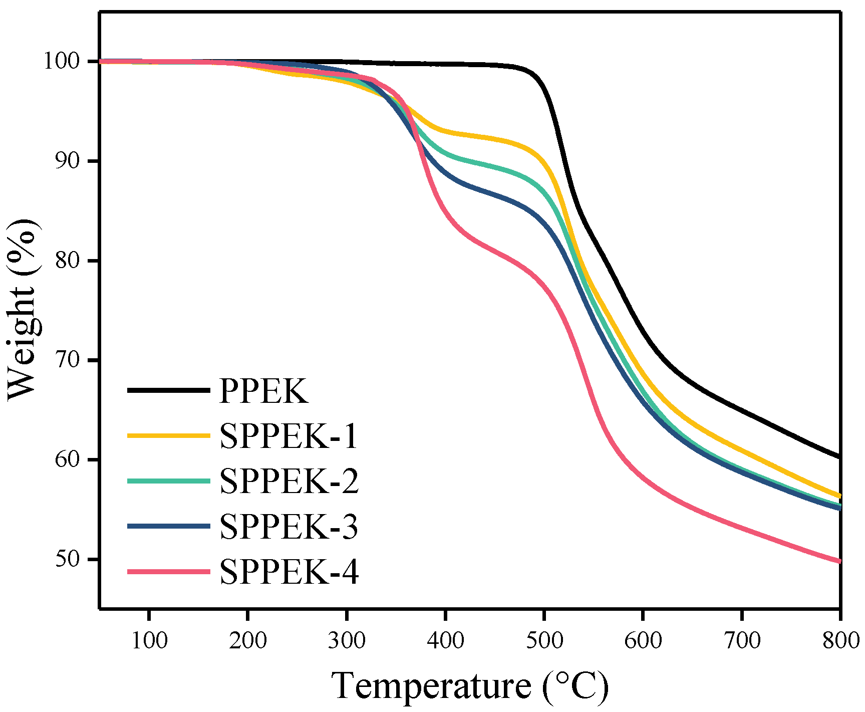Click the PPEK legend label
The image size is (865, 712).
pyautogui.click(x=263, y=391)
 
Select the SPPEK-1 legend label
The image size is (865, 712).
pyautogui.click(x=289, y=436)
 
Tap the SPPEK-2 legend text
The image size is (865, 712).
pyautogui.click(x=289, y=481)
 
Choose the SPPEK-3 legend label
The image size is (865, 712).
pyautogui.click(x=289, y=526)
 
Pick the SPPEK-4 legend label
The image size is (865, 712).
pyautogui.click(x=289, y=572)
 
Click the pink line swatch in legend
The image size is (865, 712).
pyautogui.click(x=168, y=572)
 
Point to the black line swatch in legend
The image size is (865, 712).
pyautogui.click(x=168, y=390)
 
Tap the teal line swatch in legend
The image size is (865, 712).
pyautogui.click(x=168, y=481)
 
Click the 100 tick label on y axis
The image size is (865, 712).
pyautogui.click(x=62, y=61)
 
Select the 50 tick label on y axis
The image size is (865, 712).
pyautogui.click(x=68, y=559)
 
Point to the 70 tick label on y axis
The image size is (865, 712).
pyautogui.click(x=68, y=360)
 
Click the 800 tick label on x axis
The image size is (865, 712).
pyautogui.click(x=840, y=640)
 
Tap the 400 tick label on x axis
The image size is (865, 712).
pyautogui.click(x=445, y=640)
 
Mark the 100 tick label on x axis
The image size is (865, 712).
pyautogui.click(x=149, y=640)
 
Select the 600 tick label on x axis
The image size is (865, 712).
pyautogui.click(x=643, y=640)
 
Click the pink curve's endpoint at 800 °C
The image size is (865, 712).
pyautogui.click(x=839, y=561)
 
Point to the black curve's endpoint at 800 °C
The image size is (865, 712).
pyautogui.click(x=839, y=456)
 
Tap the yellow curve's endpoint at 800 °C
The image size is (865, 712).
pyautogui.click(x=839, y=496)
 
